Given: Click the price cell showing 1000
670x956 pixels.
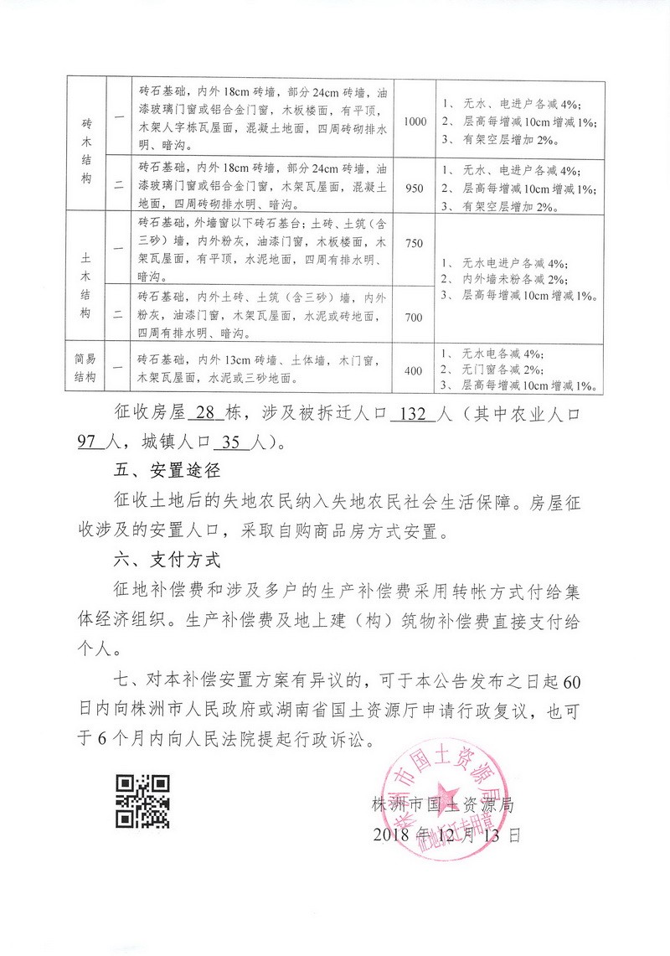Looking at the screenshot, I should click(x=415, y=121).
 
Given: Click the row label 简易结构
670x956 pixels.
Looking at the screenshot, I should click(x=87, y=369).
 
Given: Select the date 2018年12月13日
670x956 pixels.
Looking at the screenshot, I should click(x=446, y=835).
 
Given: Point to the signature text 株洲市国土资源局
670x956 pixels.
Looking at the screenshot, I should click(x=442, y=806).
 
